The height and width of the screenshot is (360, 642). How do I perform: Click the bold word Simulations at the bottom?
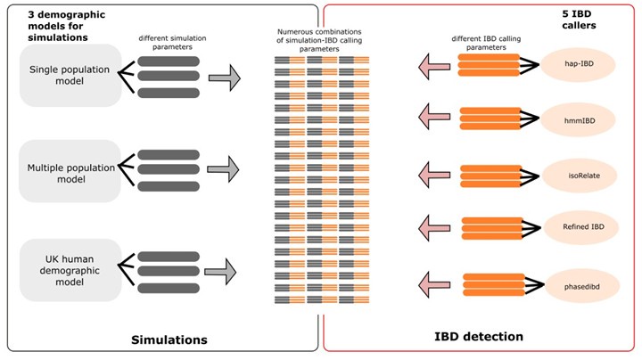(169, 340)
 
